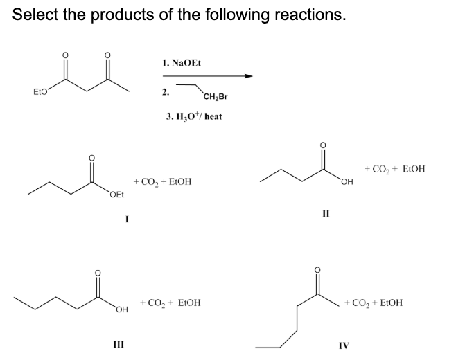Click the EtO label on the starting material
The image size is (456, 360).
pyautogui.click(x=40, y=92)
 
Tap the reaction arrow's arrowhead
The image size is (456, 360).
pyautogui.click(x=248, y=76)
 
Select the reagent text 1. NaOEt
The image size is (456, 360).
pyautogui.click(x=182, y=63)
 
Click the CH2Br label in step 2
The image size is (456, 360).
pyautogui.click(x=216, y=97)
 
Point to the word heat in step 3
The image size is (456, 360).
pyautogui.click(x=213, y=116)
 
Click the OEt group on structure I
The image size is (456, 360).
pyautogui.click(x=117, y=195)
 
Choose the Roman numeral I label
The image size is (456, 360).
pyautogui.click(x=127, y=219)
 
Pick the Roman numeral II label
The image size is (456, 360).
pyautogui.click(x=326, y=214)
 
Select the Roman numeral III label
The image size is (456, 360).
pyautogui.click(x=119, y=345)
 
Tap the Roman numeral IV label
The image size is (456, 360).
pyautogui.click(x=344, y=345)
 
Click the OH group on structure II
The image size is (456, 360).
pyautogui.click(x=347, y=182)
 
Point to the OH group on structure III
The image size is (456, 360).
pyautogui.click(x=122, y=309)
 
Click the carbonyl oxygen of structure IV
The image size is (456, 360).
pyautogui.click(x=317, y=270)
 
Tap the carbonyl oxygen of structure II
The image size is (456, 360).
pyautogui.click(x=323, y=145)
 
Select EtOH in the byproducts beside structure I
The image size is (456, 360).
pyautogui.click(x=180, y=182)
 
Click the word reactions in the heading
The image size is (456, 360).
pyautogui.click(x=310, y=15)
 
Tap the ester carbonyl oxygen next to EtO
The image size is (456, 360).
pyautogui.click(x=65, y=55)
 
